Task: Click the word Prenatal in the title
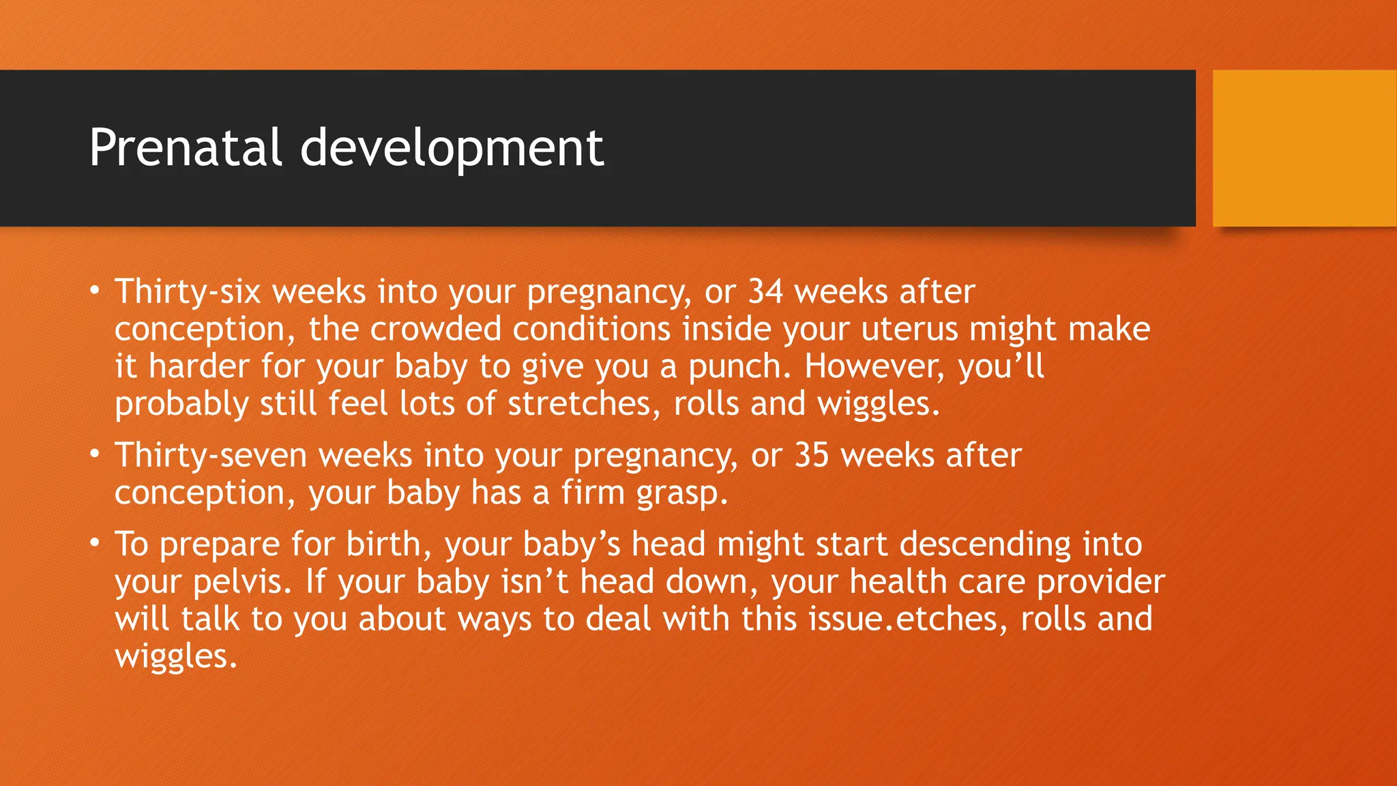tap(185, 147)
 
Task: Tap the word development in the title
tap(452, 149)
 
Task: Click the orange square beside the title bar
tap(1304, 147)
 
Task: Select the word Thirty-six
tap(188, 292)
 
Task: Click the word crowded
tap(436, 329)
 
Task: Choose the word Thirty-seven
tap(211, 455)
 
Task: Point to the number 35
tap(812, 455)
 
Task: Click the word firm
tap(593, 493)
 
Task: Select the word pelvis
tap(237, 583)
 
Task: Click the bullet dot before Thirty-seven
tap(95, 454)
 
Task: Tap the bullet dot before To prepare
tap(95, 543)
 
